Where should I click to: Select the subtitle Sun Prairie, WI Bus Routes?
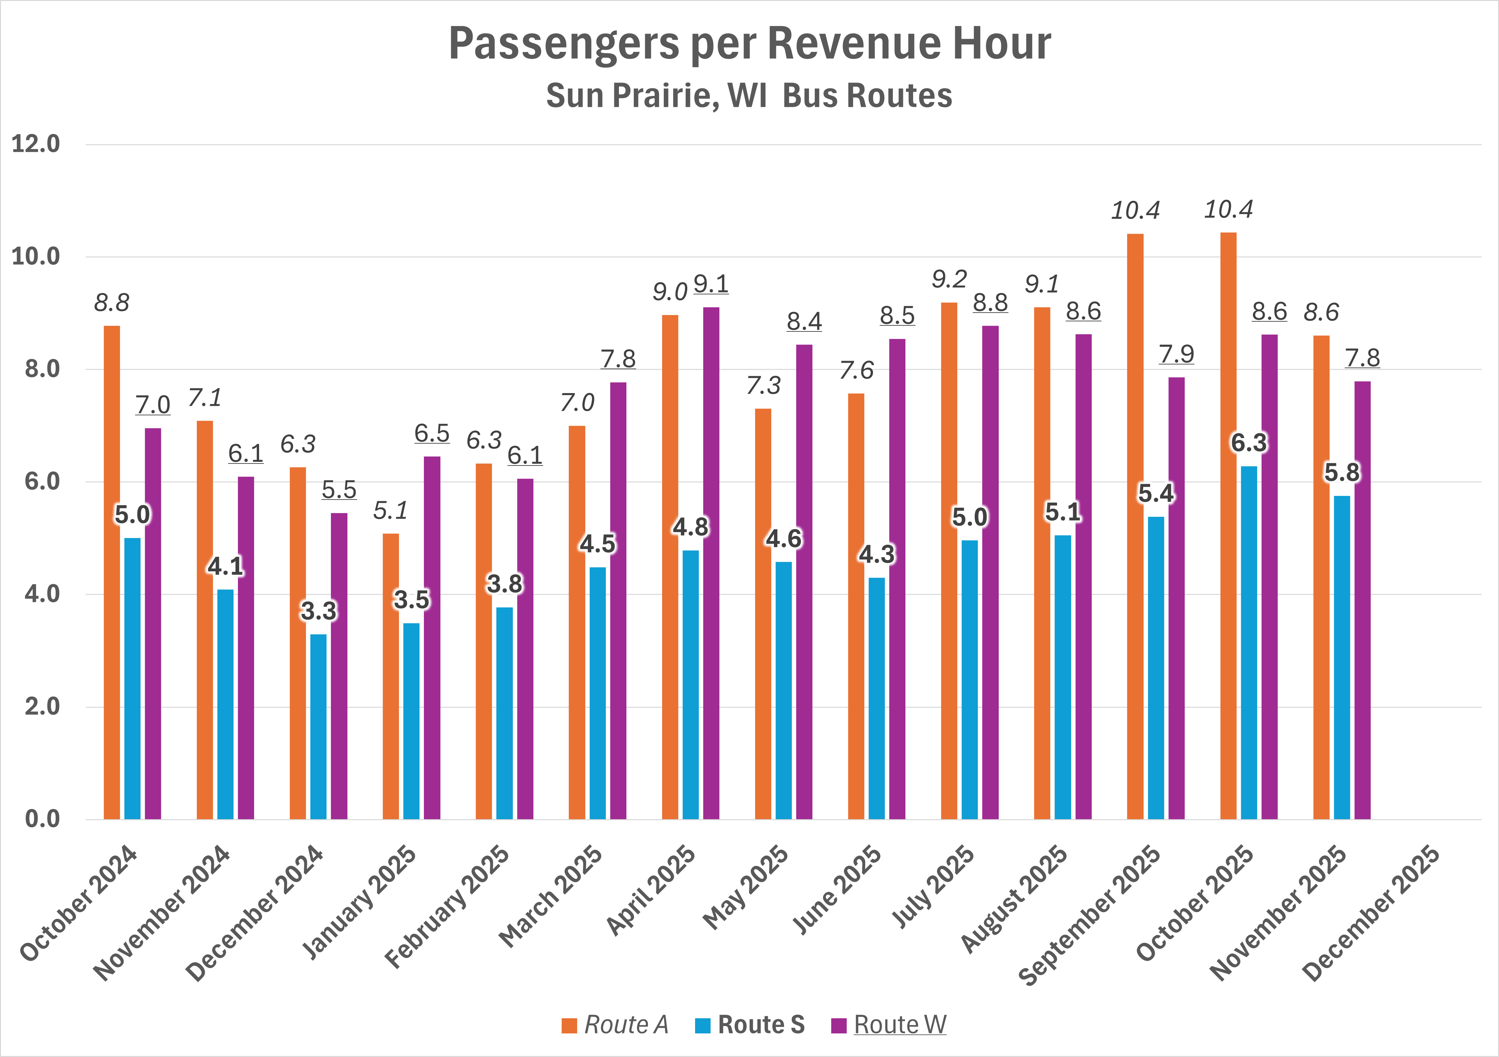pos(749,95)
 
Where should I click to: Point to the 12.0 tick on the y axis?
pos(36,144)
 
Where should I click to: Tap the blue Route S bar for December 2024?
pos(319,726)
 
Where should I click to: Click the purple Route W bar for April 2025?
pos(711,563)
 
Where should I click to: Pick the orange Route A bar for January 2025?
pos(391,676)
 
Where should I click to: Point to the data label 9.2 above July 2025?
pos(949,280)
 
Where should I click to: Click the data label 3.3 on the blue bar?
pos(319,611)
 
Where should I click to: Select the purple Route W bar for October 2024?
pos(153,623)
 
